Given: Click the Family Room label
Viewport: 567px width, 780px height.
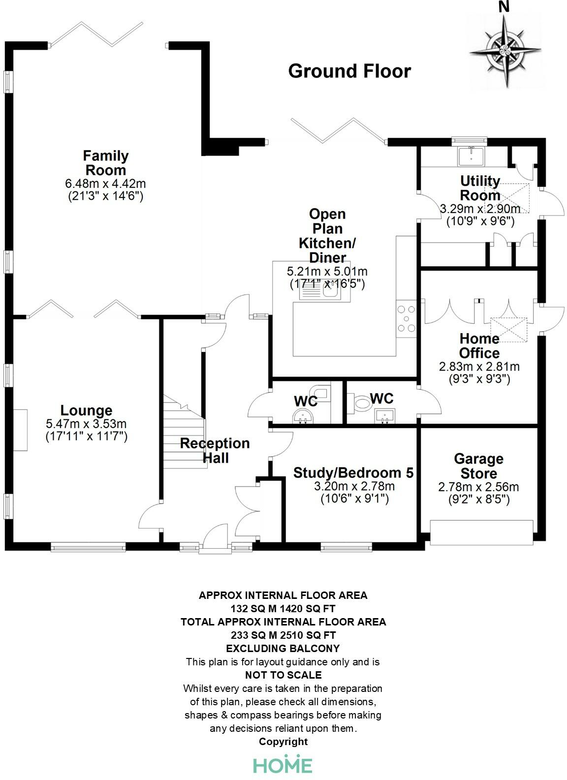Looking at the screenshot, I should coord(105,163).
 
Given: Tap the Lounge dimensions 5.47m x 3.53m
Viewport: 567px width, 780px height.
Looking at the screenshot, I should coord(86,424).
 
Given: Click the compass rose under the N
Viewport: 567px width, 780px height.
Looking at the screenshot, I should coord(505,50).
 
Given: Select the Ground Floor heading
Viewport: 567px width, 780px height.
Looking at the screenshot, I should coord(349,71).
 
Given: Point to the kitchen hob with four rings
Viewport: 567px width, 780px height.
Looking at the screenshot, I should coord(407,319).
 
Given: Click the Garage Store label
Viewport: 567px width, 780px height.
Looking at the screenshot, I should coord(478,466).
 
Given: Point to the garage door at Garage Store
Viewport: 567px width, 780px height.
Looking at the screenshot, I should coord(481,532).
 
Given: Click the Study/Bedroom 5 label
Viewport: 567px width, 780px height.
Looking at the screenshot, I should coord(353,473).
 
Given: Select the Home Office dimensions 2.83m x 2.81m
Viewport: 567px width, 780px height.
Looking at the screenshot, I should coord(479,367).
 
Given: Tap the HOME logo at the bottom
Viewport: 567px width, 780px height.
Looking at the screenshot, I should coord(283,764).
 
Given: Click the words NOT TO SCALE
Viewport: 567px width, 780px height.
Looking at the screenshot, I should coord(283,675).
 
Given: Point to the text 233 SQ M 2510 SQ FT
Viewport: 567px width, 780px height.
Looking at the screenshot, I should coord(283,635).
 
